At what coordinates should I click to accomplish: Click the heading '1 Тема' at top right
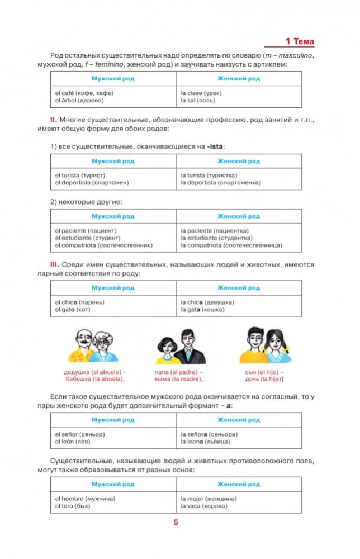300,41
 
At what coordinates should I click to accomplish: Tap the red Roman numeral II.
54,120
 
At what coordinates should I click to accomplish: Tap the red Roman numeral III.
55,264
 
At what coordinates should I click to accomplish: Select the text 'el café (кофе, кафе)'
82,93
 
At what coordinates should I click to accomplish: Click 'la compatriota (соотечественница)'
231,245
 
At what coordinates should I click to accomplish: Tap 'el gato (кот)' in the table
73,310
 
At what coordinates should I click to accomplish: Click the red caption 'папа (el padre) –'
178,372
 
